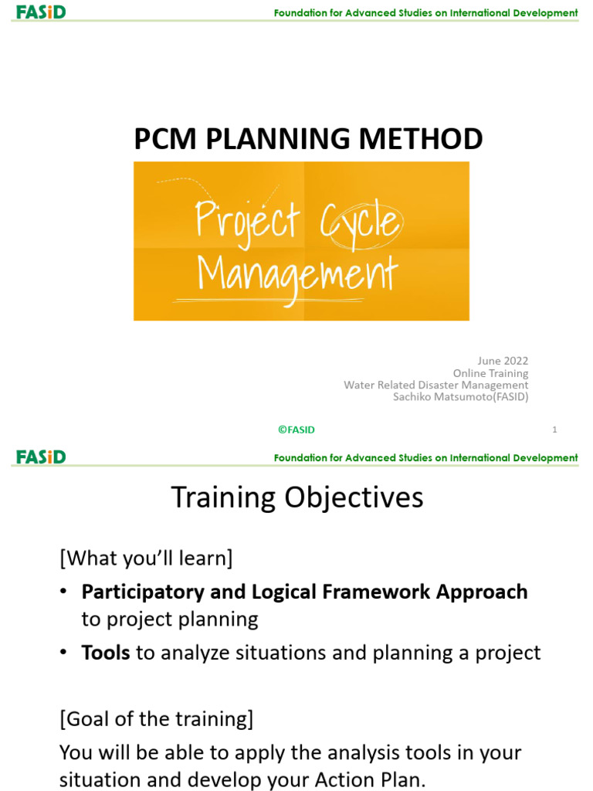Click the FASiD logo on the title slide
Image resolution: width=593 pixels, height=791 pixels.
(41, 12)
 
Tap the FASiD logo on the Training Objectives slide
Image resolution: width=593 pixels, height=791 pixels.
(41, 457)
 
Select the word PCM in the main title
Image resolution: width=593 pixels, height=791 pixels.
(161, 139)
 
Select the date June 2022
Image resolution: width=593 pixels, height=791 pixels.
(503, 361)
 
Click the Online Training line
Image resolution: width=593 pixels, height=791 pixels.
(490, 373)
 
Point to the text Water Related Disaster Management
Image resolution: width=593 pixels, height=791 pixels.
(435, 385)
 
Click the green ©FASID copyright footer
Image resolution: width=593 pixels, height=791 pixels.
(296, 430)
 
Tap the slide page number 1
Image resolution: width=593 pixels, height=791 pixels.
(554, 430)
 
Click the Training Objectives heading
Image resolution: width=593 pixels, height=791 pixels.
(296, 497)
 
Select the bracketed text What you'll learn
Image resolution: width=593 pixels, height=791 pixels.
(146, 557)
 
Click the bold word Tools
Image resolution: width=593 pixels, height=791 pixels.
(106, 653)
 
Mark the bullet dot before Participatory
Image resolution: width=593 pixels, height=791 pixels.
(65, 592)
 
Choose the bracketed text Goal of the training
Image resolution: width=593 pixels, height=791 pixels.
(156, 719)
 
